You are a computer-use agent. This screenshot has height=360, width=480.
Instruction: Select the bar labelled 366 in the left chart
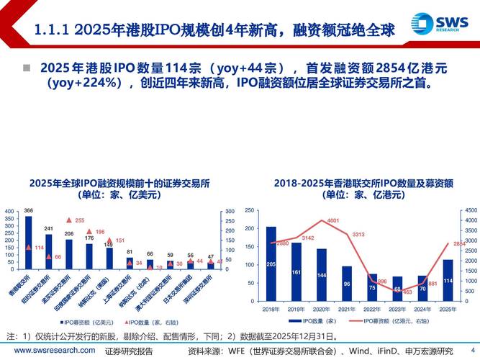[28, 242]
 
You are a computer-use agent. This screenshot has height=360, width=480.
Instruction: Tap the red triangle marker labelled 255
[69, 220]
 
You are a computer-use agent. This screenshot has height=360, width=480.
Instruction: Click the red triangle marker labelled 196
[89, 231]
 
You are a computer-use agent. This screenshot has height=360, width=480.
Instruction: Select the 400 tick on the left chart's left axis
[9, 211]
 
